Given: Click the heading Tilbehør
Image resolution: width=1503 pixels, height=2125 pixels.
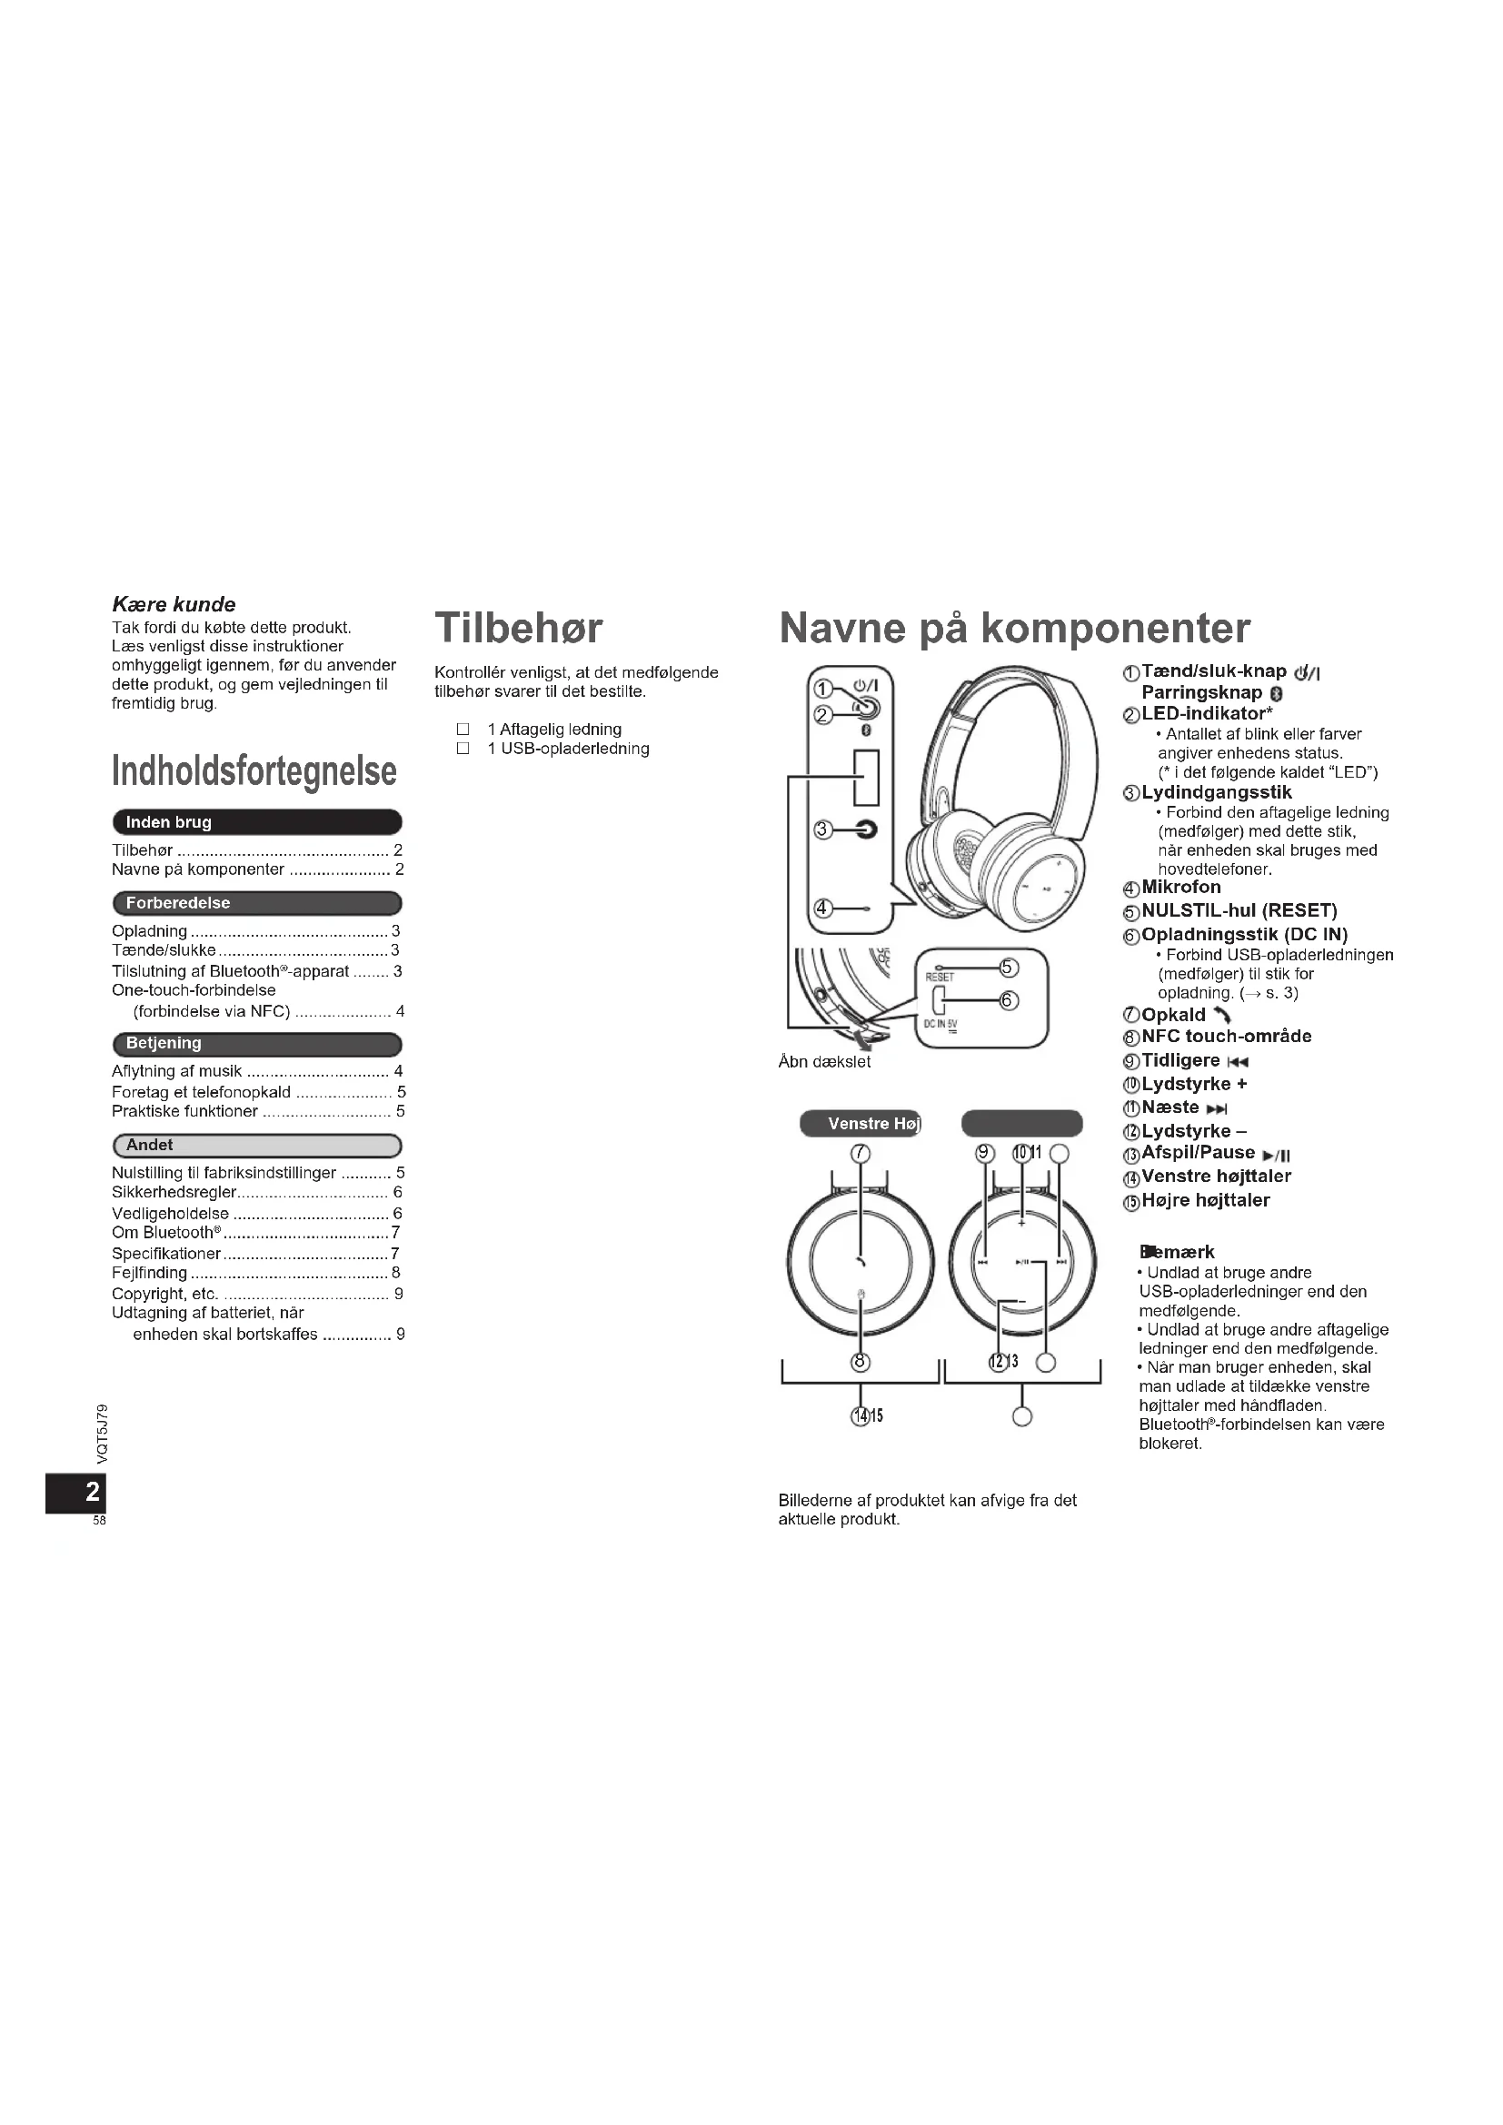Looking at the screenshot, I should coord(518,628).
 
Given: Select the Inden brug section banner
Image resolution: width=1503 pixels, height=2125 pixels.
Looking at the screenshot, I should coord(256,822).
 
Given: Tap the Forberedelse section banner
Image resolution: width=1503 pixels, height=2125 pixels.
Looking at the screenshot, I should coord(256,902).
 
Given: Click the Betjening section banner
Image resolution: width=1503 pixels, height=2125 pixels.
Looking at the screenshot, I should coord(256,1043).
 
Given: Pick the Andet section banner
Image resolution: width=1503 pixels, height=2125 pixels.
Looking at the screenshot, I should coord(256,1145).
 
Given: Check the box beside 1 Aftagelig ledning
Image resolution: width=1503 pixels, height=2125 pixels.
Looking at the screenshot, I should coord(463,730).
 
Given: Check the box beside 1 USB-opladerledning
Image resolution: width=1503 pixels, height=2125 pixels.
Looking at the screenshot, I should coord(463,749).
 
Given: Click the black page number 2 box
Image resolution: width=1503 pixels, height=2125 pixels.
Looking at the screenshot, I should coord(76,1491).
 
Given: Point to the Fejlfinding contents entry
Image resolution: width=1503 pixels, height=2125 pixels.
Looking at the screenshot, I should coord(150,1273).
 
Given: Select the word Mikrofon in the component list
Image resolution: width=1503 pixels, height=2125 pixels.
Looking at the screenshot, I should coord(1181,887).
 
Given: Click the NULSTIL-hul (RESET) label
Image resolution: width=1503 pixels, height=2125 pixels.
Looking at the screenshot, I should coord(1239,910).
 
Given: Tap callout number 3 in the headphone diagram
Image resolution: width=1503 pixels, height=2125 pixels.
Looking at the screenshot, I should coord(821,829).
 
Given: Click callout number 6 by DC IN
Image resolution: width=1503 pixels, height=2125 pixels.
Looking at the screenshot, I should coord(1008,1000).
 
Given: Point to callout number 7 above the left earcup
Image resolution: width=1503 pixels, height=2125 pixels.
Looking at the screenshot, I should coord(861,1153).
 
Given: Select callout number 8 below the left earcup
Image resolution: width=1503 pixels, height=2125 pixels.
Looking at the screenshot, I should coord(861,1362).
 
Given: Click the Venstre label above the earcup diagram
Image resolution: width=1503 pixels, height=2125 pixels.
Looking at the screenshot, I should coord(858,1124).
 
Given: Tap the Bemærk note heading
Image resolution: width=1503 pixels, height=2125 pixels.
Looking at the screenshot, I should coord(1177,1252).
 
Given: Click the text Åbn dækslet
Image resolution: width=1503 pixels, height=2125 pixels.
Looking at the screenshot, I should coord(823,1063).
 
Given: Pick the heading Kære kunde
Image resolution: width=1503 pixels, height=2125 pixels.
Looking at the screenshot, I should coord(173,604).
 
